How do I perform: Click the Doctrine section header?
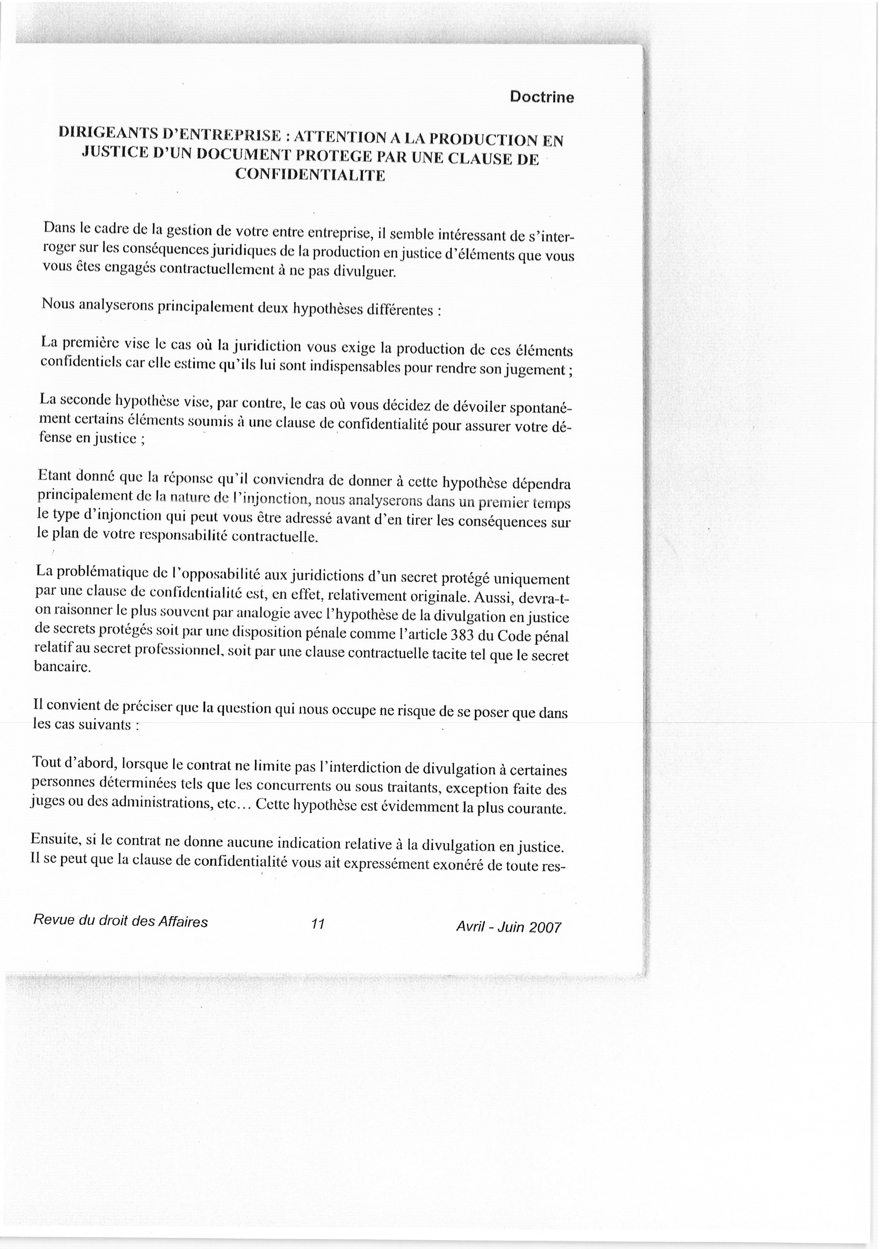coord(541,97)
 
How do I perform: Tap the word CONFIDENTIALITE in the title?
coord(310,175)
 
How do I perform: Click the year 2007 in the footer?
coord(544,927)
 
